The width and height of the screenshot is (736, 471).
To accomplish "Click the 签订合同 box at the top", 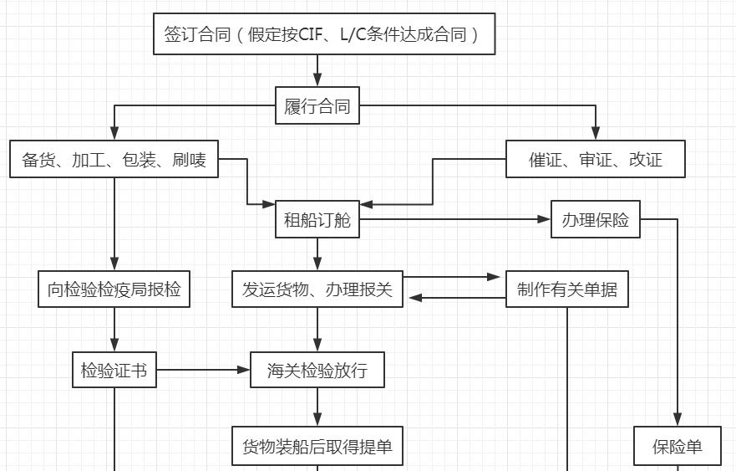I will (324, 34).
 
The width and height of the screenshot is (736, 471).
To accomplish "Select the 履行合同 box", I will (317, 106).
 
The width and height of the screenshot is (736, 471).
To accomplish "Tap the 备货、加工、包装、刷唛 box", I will (114, 159).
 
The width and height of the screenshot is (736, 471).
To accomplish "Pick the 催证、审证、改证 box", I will (596, 159).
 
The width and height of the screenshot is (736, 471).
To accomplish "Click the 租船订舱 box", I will (317, 220).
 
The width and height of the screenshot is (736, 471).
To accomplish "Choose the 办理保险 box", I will (596, 220).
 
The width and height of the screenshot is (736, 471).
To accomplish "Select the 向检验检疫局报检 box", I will (114, 289).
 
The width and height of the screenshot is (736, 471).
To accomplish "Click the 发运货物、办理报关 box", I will (317, 289).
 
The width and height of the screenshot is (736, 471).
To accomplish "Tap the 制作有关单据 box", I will (567, 289).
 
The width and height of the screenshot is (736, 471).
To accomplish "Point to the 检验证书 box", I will (114, 370).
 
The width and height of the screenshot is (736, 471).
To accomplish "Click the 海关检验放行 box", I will (317, 370).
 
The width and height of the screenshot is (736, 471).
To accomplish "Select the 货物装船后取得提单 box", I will (317, 447).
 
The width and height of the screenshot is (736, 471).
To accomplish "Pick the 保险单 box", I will (678, 447).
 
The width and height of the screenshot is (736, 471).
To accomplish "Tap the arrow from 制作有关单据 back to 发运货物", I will (455, 298).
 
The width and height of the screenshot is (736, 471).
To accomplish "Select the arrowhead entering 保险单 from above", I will (678, 421).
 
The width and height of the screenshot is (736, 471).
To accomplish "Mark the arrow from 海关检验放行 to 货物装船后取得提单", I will (317, 407).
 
